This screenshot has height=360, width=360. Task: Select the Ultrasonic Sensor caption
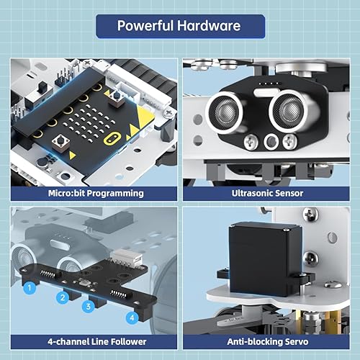coord(268,193)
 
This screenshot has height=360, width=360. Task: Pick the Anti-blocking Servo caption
coord(268,342)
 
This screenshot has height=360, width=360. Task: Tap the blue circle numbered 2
coord(63,296)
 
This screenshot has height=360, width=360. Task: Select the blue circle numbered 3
coord(89,306)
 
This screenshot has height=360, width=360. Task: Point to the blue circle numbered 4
coord(132,317)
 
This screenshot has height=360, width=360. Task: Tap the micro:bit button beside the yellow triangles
coord(117,96)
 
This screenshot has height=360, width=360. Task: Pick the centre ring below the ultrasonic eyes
coord(271,142)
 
